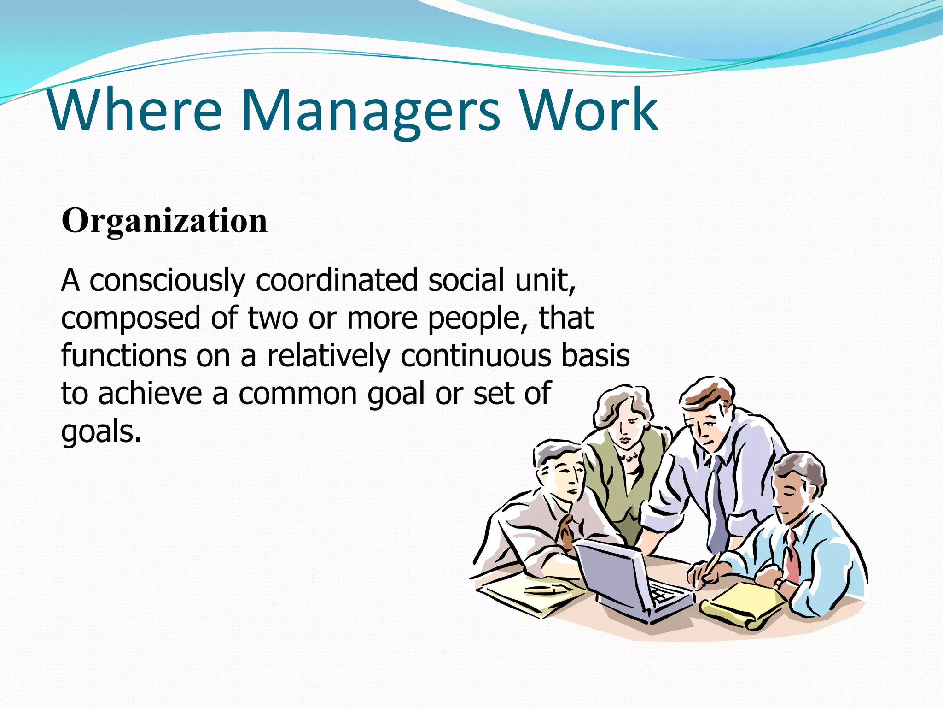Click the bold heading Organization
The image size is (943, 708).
click(x=164, y=221)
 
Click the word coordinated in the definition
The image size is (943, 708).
click(x=337, y=280)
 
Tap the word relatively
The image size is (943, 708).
click(x=328, y=357)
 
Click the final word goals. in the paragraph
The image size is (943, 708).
click(x=101, y=432)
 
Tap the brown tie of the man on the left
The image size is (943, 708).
click(x=565, y=530)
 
